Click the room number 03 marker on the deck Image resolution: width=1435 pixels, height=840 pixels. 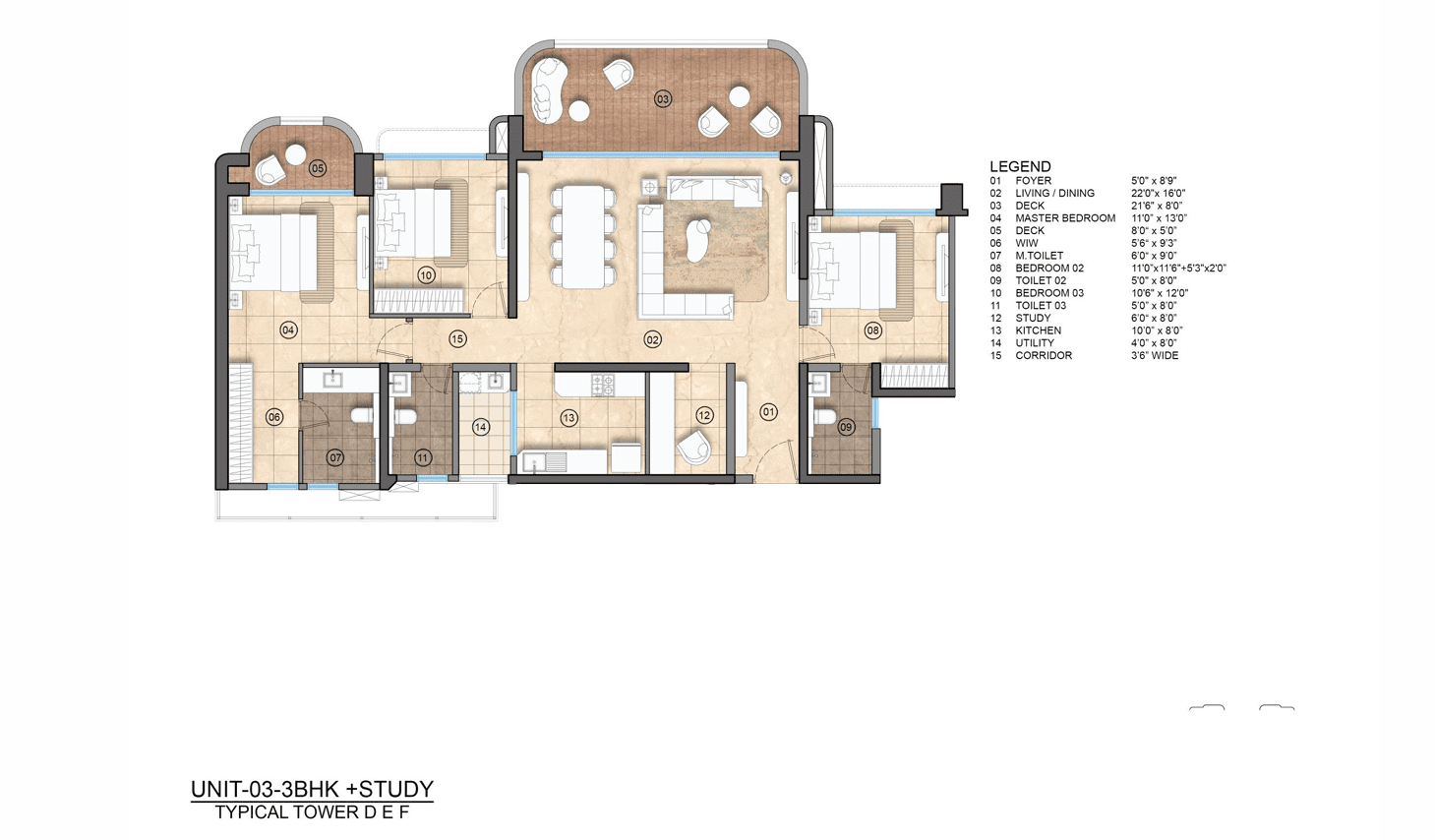pos(662,98)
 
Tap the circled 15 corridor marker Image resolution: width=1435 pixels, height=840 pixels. pos(456,339)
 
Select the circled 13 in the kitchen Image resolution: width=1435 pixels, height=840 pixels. pos(568,418)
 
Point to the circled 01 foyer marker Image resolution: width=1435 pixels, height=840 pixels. pos(769,412)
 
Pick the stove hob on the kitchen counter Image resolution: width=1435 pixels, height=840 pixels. pos(604,385)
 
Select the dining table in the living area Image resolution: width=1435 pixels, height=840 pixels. pos(582,236)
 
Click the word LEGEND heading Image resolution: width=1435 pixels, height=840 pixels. pos(1020,166)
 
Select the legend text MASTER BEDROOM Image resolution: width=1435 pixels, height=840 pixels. pos(1065,217)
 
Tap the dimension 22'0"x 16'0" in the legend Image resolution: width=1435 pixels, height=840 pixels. pos(1159,193)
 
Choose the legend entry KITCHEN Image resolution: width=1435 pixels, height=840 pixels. pos(1039,330)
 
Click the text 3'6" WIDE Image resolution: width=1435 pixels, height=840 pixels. pos(1155,355)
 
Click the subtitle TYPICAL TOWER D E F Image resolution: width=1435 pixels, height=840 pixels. pos(312,812)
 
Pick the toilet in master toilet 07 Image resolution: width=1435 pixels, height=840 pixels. pos(363,416)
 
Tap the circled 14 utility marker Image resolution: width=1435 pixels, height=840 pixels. pos(481,427)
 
